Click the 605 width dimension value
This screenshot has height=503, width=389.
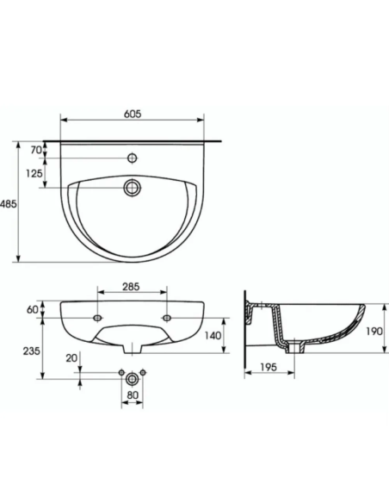(132, 114)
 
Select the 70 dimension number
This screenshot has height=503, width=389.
(35, 150)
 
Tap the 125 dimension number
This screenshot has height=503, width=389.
(35, 173)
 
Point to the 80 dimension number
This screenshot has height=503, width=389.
(132, 397)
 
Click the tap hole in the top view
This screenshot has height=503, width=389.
(132, 158)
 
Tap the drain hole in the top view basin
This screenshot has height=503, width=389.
(132, 187)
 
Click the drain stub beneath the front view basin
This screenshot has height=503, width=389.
(132, 349)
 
